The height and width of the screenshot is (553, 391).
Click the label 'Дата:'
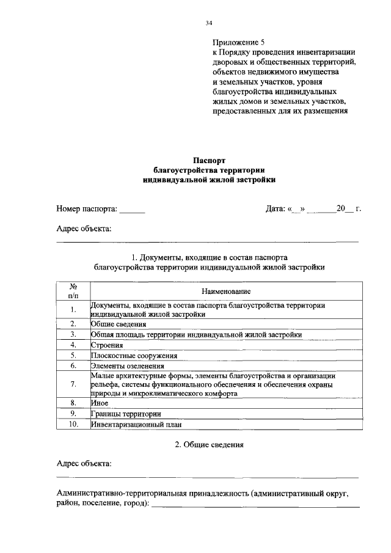coord(276,209)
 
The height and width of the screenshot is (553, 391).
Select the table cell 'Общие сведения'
coord(119,324)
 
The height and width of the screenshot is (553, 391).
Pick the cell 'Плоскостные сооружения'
coord(134,356)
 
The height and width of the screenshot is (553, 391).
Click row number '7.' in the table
coord(73,384)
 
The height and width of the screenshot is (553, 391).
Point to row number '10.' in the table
coord(73,424)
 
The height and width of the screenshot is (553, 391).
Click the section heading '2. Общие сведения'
coord(208,445)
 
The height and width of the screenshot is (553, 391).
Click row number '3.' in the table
coord(73,335)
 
